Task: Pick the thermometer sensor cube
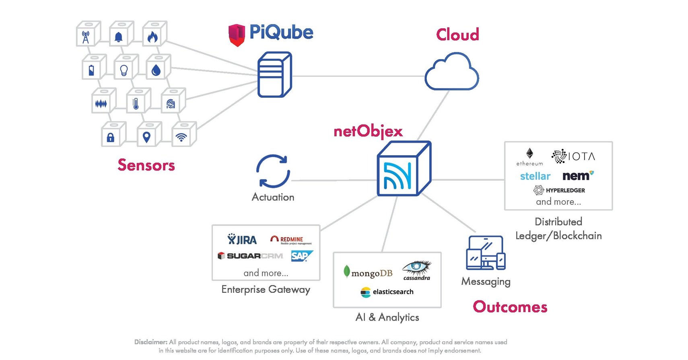[137, 102]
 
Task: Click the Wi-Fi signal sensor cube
[182, 136]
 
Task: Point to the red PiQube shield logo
[237, 35]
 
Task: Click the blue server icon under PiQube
[274, 75]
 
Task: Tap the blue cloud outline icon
[451, 72]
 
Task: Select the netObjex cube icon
[403, 169]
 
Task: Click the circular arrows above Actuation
[273, 171]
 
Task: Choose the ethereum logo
[529, 157]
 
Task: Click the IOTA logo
[573, 156]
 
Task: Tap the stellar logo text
[535, 176]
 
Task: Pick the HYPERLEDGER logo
[559, 190]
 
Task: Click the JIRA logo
[242, 240]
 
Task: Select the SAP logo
[301, 256]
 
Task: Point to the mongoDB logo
[368, 273]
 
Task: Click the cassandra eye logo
[417, 269]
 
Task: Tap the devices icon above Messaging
[486, 253]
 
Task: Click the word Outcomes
[510, 307]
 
